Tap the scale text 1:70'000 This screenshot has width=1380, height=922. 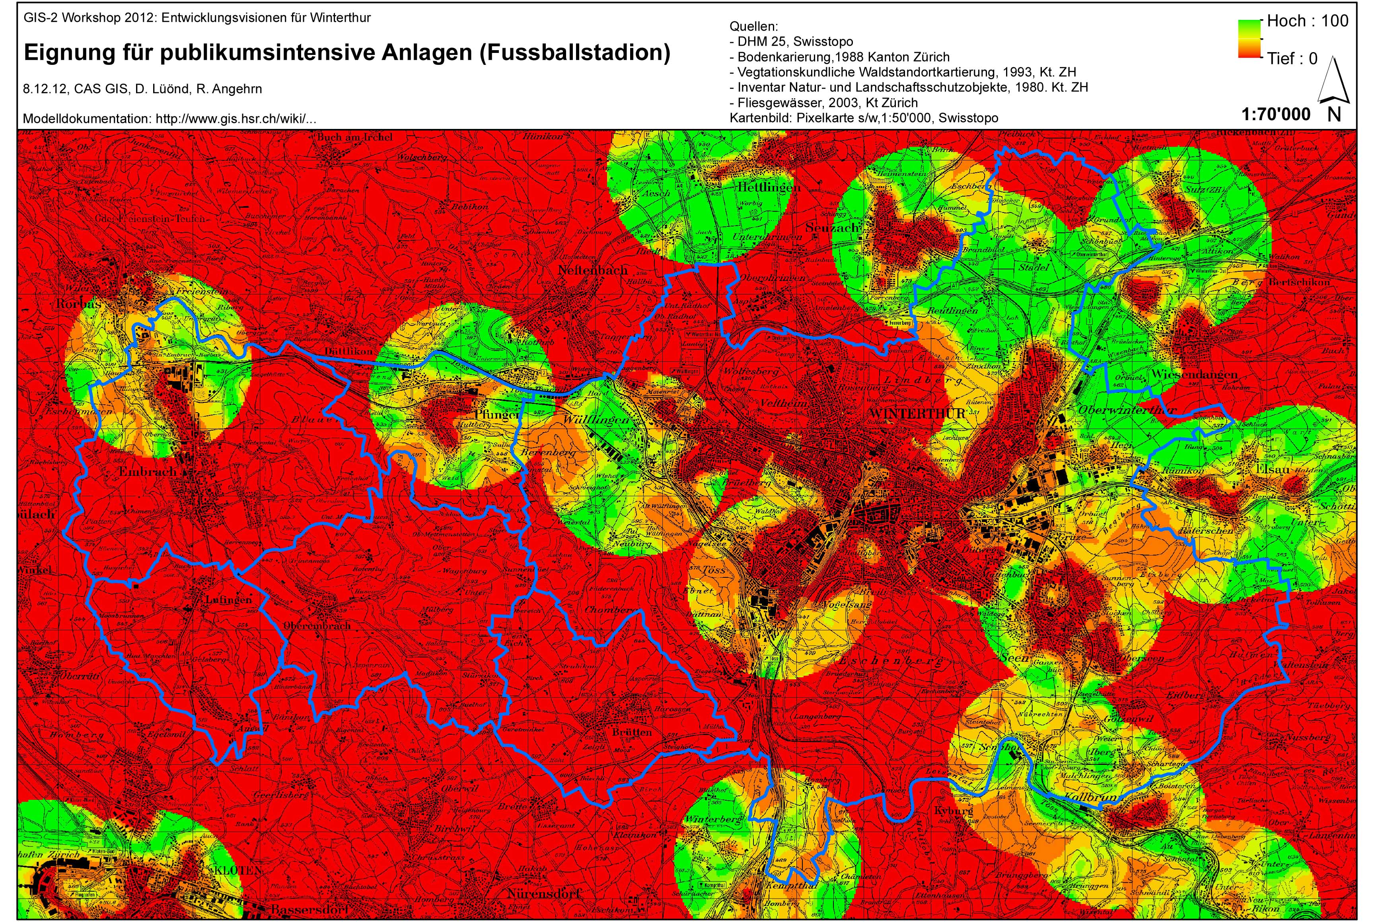click(x=1276, y=114)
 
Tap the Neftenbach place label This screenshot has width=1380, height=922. click(x=588, y=271)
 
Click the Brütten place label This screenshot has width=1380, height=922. click(x=632, y=732)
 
